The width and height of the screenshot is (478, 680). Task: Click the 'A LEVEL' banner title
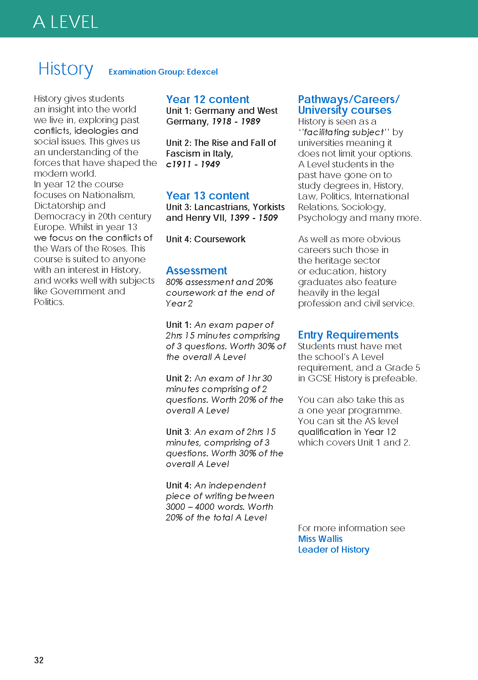[65, 22]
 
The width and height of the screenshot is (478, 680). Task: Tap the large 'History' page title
[66, 69]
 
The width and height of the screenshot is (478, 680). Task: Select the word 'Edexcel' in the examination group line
[202, 72]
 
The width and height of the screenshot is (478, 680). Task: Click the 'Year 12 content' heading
[207, 99]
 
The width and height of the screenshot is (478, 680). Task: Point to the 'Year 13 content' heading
[207, 196]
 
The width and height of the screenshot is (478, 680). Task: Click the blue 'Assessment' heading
[196, 270]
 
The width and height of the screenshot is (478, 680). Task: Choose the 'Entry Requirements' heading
[348, 335]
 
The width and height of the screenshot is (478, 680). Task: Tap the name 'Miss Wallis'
[320, 539]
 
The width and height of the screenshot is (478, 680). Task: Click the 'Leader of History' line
[333, 549]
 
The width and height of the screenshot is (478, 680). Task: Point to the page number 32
[39, 660]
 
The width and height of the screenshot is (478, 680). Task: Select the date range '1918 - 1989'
[236, 121]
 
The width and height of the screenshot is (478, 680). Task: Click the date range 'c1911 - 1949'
[193, 164]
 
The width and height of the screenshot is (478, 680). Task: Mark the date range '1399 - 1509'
[253, 218]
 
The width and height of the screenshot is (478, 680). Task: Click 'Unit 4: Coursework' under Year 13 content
[206, 239]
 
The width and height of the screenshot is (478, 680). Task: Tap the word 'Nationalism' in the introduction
[108, 195]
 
